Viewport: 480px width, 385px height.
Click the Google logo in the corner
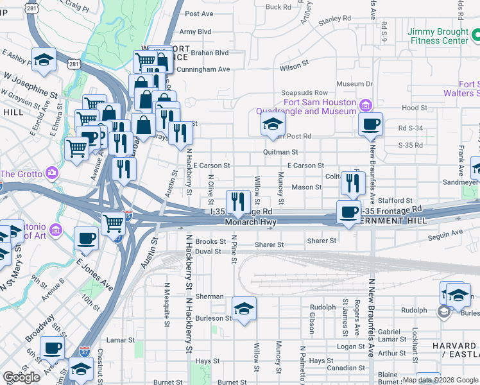[22, 377]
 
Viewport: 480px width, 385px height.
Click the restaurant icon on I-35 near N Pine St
[238, 202]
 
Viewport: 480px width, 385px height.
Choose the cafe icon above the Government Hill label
[349, 212]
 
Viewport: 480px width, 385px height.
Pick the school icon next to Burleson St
[244, 309]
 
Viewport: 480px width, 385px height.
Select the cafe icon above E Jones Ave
[86, 239]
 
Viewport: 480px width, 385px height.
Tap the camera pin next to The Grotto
[51, 174]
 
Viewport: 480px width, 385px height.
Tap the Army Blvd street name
[195, 31]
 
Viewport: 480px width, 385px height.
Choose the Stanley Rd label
[333, 19]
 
